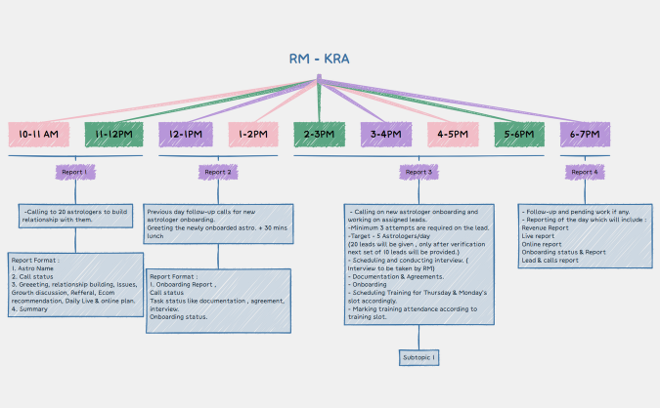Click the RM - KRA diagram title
click(x=319, y=59)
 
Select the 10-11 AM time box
click(x=38, y=135)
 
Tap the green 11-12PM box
click(x=113, y=135)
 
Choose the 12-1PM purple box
click(x=186, y=135)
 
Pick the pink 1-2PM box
click(x=254, y=135)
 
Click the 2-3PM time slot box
click(x=321, y=135)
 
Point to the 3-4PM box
click(x=386, y=135)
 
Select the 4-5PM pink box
click(x=452, y=135)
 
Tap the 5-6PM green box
click(x=518, y=135)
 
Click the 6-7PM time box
click(x=585, y=135)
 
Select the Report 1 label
click(x=74, y=172)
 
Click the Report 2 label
click(x=216, y=172)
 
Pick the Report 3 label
click(x=418, y=172)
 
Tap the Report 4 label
click(x=584, y=172)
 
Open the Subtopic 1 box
click(x=419, y=358)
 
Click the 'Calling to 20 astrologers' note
click(x=74, y=215)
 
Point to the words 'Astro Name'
click(x=39, y=268)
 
